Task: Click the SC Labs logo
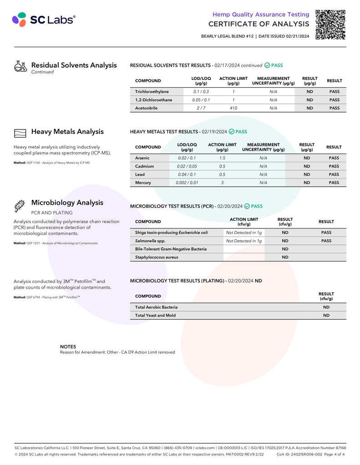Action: pyautogui.click(x=44, y=20)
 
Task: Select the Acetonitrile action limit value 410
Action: pyautogui.click(x=233, y=108)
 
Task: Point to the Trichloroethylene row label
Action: pyautogui.click(x=152, y=92)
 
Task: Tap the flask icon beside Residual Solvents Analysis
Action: pyautogui.click(x=20, y=67)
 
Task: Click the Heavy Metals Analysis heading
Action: pyautogui.click(x=67, y=132)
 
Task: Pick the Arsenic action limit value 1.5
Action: pyautogui.click(x=222, y=158)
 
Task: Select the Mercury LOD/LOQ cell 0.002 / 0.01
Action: pyautogui.click(x=187, y=183)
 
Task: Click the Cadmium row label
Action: pyautogui.click(x=145, y=166)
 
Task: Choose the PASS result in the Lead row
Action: pyautogui.click(x=334, y=174)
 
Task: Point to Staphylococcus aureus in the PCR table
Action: pyautogui.click(x=156, y=257)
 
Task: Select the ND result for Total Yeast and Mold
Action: pyautogui.click(x=326, y=315)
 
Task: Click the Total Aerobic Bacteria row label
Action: pyautogui.click(x=156, y=307)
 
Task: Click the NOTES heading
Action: pyautogui.click(x=68, y=346)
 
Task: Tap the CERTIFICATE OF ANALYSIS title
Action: pyautogui.click(x=259, y=24)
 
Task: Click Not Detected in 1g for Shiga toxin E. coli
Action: pyautogui.click(x=244, y=232)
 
